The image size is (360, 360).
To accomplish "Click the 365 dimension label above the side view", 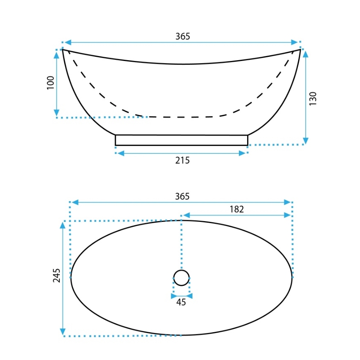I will tap(182, 36).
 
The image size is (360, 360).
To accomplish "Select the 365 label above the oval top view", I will tap(182, 196).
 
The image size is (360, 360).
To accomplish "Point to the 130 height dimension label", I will tap(313, 98).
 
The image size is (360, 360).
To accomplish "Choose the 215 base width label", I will tap(182, 160).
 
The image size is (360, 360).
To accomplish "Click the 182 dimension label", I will tap(236, 209).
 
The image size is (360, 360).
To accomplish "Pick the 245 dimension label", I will tap(57, 275).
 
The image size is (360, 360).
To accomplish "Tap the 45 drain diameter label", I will tap(181, 302).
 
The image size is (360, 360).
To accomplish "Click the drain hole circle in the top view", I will tap(181, 277).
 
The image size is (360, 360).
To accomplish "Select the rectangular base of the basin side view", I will tap(181, 140).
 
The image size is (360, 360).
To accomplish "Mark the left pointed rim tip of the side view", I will tap(63, 50).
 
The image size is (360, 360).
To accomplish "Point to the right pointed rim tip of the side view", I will tap(300, 50).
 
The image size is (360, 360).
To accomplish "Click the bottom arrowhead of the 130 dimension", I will tap(306, 141).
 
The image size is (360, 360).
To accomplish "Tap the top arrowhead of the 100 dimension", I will tap(57, 53).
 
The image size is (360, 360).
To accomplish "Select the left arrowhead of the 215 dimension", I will tap(119, 153).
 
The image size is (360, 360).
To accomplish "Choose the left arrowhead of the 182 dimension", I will tap(186, 215).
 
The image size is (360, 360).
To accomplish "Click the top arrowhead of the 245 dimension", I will tap(63, 225).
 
